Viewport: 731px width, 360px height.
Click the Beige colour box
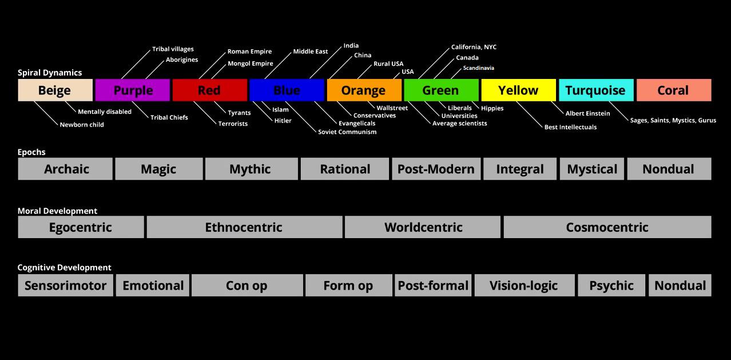click(55, 90)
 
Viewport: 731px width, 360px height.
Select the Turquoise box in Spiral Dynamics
click(595, 90)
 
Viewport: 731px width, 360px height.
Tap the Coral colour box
click(673, 90)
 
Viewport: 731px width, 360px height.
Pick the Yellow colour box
click(518, 90)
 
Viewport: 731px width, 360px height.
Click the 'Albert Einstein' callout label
click(587, 113)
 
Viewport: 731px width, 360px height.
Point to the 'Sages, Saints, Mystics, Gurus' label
click(673, 120)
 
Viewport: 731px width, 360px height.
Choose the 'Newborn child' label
click(82, 125)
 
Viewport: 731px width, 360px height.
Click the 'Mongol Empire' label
click(250, 64)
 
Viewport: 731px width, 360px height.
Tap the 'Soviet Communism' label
click(347, 132)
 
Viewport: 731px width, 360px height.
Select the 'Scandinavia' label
click(478, 68)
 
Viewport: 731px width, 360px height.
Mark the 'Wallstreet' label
click(392, 108)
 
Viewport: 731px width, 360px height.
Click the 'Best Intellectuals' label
click(570, 127)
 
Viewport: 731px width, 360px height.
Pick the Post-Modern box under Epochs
click(436, 169)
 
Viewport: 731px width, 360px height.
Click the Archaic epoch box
click(66, 169)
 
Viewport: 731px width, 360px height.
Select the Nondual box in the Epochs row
click(668, 169)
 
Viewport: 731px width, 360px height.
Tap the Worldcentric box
click(423, 227)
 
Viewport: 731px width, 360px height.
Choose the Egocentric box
click(80, 227)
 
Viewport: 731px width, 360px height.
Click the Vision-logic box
click(523, 286)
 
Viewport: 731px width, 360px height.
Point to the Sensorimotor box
click(65, 286)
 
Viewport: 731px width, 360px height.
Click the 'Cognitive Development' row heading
click(64, 267)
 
